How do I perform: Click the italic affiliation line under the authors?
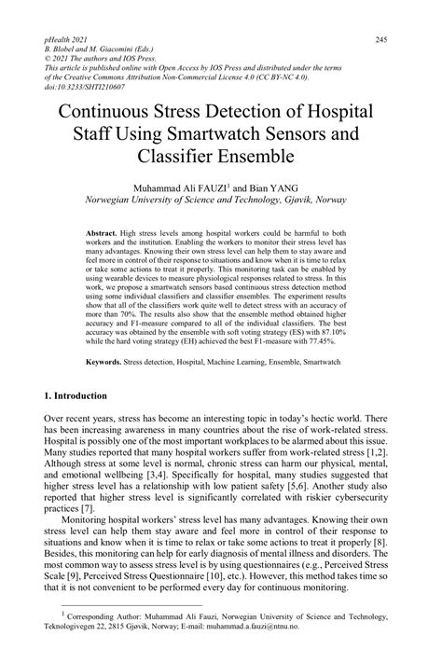[x=219, y=200]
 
